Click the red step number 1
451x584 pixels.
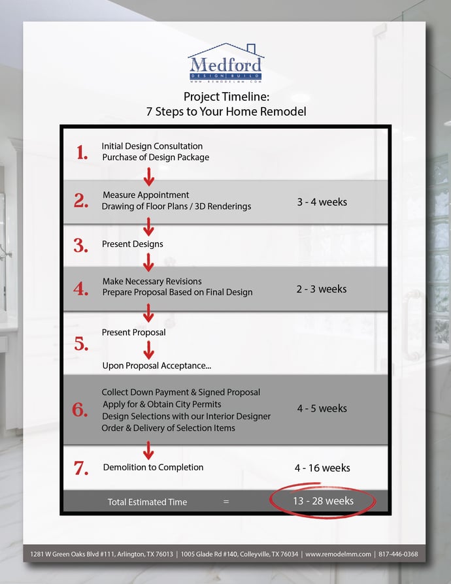pos(82,153)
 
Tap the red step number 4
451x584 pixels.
pos(82,289)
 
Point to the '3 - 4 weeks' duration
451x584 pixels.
pos(322,202)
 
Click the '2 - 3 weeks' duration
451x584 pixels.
pos(321,289)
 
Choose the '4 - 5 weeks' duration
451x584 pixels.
pos(322,408)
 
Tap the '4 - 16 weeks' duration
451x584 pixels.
pos(322,468)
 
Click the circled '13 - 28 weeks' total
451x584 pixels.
pos(322,501)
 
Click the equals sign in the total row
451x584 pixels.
pos(226,502)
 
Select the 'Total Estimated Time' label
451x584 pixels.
pos(147,502)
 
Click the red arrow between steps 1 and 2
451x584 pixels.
pos(148,176)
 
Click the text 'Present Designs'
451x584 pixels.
pos(133,244)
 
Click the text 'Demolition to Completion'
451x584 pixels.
pos(153,467)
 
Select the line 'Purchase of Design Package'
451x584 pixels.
pos(156,157)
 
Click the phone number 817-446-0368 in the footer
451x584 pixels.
pos(399,554)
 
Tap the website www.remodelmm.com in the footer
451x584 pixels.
pos(338,554)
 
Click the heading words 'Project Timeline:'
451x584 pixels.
pos(225,97)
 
